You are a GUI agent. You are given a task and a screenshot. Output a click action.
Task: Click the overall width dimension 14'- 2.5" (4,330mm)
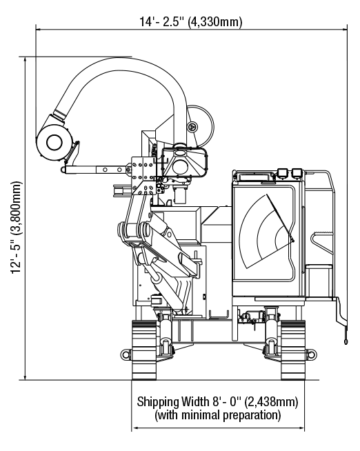191,21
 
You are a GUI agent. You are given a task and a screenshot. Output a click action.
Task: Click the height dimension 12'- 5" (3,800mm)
16,228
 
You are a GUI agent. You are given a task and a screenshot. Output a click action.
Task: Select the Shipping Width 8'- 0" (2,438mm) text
217,401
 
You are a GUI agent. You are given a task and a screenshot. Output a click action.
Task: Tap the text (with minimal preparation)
218,415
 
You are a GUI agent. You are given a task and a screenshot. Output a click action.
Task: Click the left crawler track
144,350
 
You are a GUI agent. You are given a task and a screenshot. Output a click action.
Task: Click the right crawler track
292,350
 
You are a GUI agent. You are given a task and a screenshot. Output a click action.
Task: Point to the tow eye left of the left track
126,354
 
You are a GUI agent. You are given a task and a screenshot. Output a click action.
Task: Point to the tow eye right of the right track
311,354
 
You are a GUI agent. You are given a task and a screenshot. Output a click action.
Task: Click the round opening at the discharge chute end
54,142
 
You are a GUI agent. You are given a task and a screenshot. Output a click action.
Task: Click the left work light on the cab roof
282,174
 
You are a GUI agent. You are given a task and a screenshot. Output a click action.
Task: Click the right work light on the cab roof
297,173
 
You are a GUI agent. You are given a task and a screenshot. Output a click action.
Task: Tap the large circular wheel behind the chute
201,126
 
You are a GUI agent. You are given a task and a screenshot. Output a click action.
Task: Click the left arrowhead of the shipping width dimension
134,428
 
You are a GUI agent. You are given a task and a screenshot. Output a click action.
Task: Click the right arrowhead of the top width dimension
344,29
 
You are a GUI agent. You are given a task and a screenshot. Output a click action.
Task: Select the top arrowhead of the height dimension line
26,60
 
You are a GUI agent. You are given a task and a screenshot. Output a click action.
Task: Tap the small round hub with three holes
192,127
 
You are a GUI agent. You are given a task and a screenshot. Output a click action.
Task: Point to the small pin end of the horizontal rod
63,170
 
